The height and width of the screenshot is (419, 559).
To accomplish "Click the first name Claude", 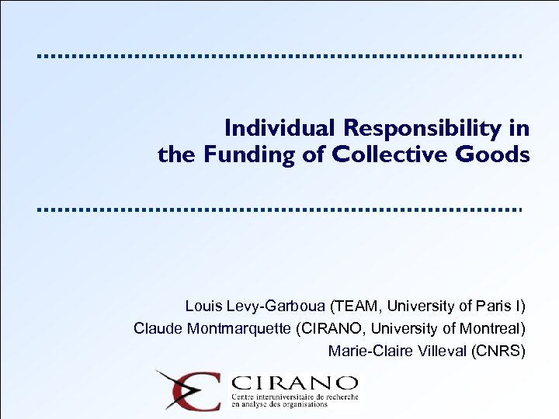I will pos(158,327).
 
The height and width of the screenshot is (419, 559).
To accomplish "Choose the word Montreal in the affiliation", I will pos(492,327).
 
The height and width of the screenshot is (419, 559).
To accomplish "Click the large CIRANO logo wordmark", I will pos(296,383).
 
